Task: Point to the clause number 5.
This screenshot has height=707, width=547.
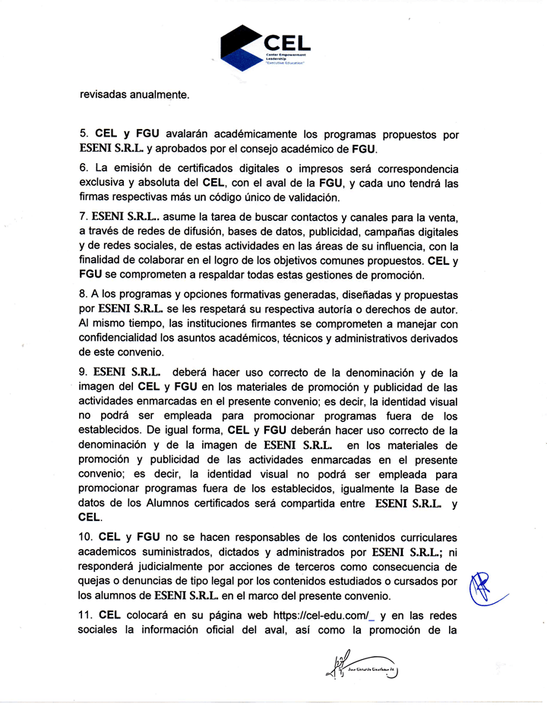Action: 84,134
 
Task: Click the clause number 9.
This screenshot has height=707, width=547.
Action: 84,372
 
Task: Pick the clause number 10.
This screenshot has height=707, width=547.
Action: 87,535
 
